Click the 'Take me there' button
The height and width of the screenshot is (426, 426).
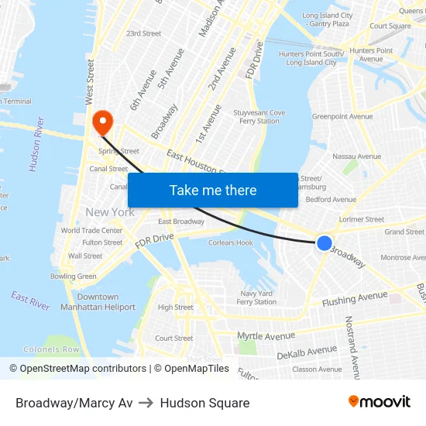pos(213,191)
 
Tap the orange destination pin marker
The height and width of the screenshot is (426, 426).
pos(102,122)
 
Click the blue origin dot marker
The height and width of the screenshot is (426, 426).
pos(325,243)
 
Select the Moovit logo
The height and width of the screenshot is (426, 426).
pos(380,402)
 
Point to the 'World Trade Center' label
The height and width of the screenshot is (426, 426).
pos(91,230)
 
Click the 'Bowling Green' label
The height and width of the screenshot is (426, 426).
pos(74,277)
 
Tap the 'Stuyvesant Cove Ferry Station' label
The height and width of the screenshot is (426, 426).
pos(259,117)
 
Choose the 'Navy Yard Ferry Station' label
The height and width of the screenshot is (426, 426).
pos(256,297)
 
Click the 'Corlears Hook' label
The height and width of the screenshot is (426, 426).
pos(231,242)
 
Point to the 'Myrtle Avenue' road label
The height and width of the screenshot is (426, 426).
pos(266,335)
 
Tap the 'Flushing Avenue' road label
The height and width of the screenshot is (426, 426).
pos(355,298)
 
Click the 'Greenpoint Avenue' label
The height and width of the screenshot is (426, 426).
pos(342,117)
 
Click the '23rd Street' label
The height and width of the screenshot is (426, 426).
pos(143,33)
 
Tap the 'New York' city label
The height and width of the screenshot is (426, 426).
pos(110,212)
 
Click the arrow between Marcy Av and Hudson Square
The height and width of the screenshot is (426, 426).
pos(146,403)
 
